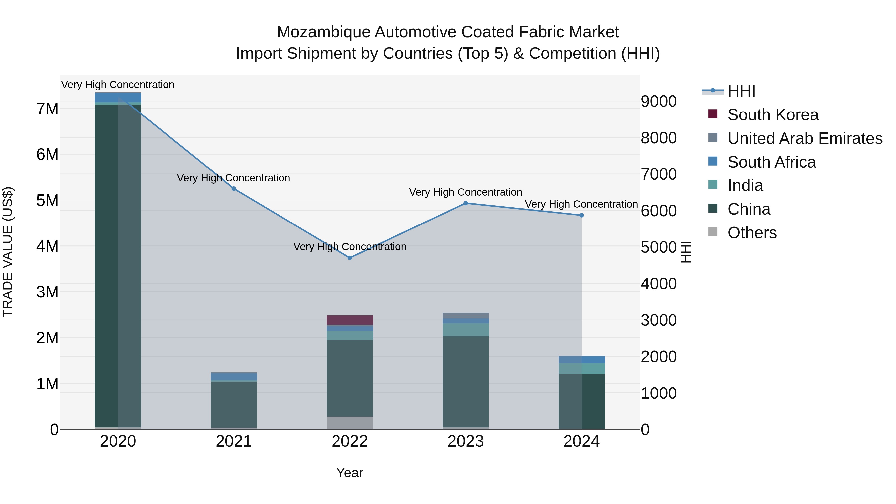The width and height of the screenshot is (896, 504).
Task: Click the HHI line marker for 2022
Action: click(350, 258)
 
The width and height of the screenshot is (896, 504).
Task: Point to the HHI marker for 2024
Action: click(581, 215)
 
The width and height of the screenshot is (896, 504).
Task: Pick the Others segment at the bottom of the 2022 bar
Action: click(350, 423)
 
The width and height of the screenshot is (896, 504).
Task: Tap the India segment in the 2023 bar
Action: click(465, 330)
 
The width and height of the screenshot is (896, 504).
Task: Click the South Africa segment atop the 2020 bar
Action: click(118, 97)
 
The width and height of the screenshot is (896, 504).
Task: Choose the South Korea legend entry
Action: click(773, 115)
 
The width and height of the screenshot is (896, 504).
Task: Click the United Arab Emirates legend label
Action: click(805, 138)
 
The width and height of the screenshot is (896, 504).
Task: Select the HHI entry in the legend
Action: click(741, 91)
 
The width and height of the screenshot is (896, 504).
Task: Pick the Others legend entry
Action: click(752, 233)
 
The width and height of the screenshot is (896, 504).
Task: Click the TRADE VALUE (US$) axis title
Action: click(8, 252)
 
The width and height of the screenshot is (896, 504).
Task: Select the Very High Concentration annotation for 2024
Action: click(581, 204)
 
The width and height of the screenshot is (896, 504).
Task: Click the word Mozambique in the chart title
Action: click(323, 32)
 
